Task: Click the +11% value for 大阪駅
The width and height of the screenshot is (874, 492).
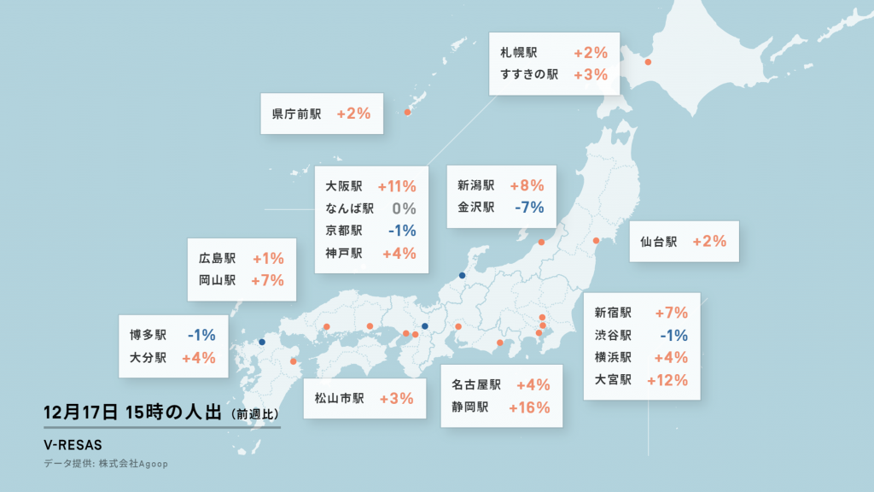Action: [396, 186]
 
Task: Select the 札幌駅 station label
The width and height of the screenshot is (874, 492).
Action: [519, 53]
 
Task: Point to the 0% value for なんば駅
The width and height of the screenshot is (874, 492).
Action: [404, 208]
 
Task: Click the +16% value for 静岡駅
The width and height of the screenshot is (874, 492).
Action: [529, 407]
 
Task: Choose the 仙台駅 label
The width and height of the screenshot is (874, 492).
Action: [658, 242]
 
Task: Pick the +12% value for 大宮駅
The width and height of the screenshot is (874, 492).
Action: [667, 380]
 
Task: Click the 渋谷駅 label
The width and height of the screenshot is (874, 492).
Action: [613, 336]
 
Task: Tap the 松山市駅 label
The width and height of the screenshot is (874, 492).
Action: [339, 398]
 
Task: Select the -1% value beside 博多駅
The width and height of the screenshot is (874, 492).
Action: [200, 336]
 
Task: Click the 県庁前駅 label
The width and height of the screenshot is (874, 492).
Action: [296, 114]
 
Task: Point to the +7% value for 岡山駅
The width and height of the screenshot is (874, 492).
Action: [267, 280]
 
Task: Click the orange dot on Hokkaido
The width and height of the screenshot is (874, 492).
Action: [648, 61]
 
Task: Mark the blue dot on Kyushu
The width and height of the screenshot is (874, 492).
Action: [262, 342]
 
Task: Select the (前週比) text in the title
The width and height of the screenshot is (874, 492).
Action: [254, 414]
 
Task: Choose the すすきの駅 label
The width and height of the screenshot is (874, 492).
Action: [529, 75]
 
